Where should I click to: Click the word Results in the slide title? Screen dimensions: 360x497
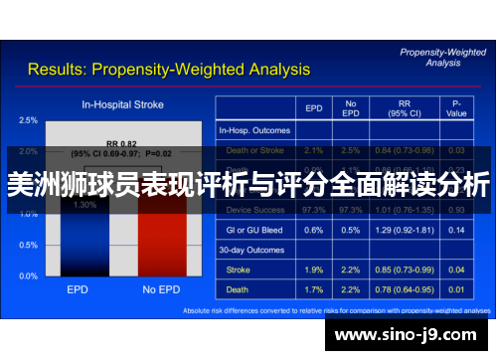click(x=58, y=70)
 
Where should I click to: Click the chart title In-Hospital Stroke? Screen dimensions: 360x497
click(x=123, y=103)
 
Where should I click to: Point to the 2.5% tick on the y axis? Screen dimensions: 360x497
click(x=28, y=120)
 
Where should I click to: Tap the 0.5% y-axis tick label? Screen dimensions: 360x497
click(x=28, y=245)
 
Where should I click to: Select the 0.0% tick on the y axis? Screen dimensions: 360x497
click(x=28, y=275)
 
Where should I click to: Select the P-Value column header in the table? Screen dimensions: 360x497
click(x=457, y=107)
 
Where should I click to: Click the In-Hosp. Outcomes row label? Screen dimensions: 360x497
click(x=254, y=130)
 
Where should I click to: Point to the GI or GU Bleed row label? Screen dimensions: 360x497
click(x=255, y=230)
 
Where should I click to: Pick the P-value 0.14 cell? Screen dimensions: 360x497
click(x=457, y=230)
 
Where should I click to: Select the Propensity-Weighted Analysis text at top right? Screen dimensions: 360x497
click(x=441, y=56)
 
